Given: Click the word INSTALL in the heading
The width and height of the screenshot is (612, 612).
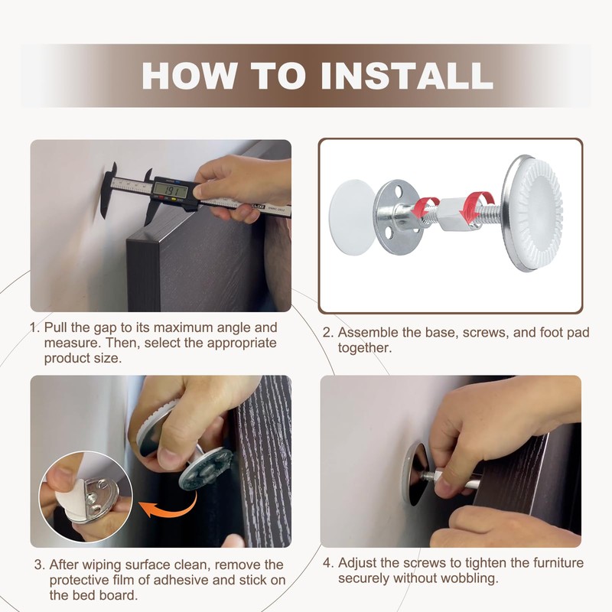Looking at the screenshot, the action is (407, 75).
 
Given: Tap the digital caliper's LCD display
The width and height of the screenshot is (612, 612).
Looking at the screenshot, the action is (171, 190).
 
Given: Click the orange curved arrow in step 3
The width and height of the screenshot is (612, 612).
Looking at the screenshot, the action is (168, 506).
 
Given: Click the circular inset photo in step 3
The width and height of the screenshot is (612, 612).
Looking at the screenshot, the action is (86, 496).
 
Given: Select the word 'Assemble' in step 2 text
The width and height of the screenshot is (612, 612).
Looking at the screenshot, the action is (368, 333).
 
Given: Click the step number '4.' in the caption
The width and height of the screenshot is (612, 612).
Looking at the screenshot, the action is (329, 563).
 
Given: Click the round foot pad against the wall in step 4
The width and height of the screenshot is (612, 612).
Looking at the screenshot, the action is (415, 474).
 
